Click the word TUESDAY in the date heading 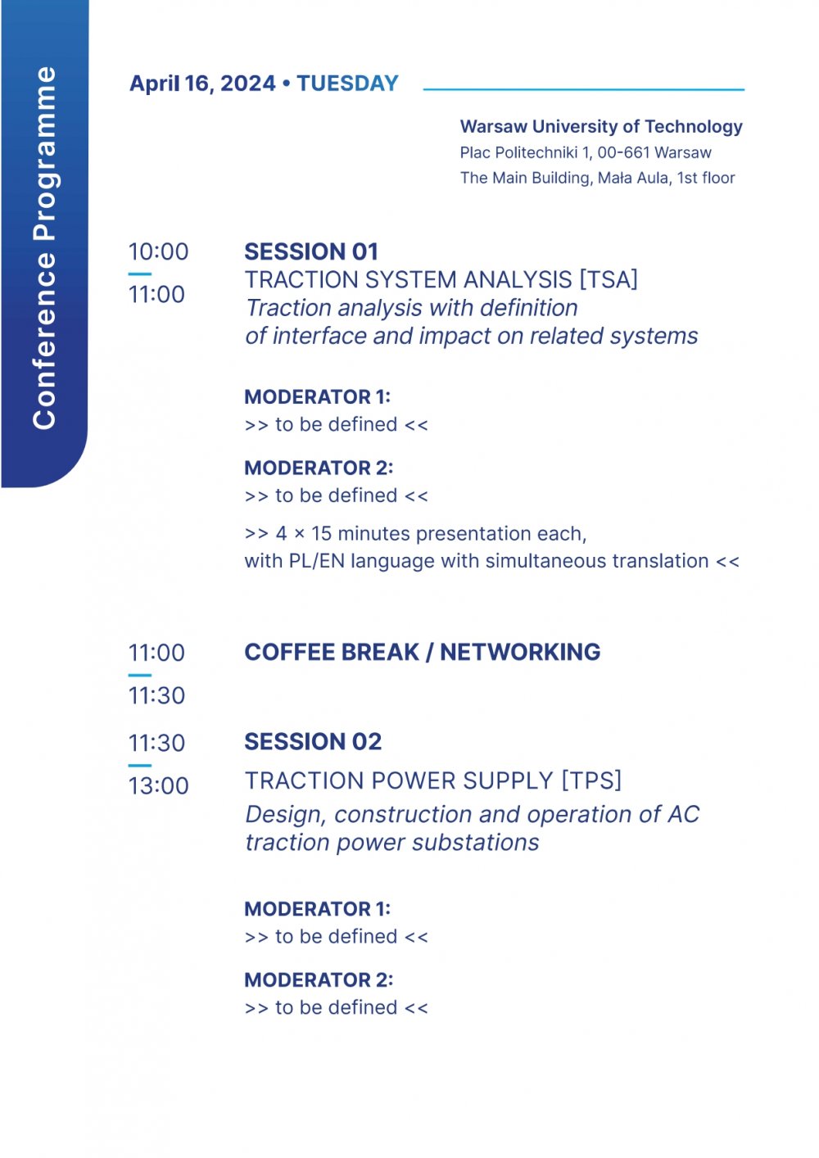347,84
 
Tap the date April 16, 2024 202,84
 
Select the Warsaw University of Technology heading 601,127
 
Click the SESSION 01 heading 311,251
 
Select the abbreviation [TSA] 609,280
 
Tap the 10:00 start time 158,251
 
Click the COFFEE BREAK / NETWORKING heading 423,652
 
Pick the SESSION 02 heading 313,741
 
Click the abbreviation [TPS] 591,780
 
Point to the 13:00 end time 158,786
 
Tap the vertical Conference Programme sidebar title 44,247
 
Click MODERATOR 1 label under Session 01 318,397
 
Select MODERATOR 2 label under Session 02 319,979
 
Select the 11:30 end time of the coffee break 156,696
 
